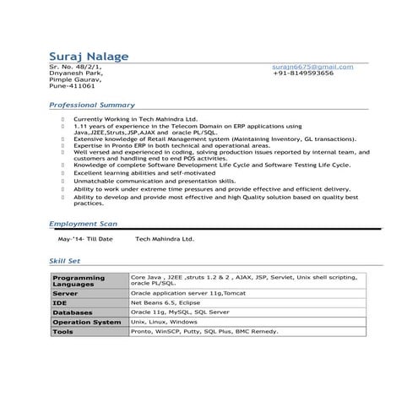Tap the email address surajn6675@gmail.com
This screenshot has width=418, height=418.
coord(312,66)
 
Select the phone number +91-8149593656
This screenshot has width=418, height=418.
coord(303,73)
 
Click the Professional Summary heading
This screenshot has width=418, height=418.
coord(90,105)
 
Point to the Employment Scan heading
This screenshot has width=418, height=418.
coord(83,224)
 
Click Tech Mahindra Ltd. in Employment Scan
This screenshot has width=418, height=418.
coord(165,239)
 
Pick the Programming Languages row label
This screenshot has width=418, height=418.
coord(79,280)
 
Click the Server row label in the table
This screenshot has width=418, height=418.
coord(65,292)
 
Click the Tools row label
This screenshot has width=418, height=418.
coord(62,332)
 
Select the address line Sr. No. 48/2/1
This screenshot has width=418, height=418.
coord(75,66)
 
